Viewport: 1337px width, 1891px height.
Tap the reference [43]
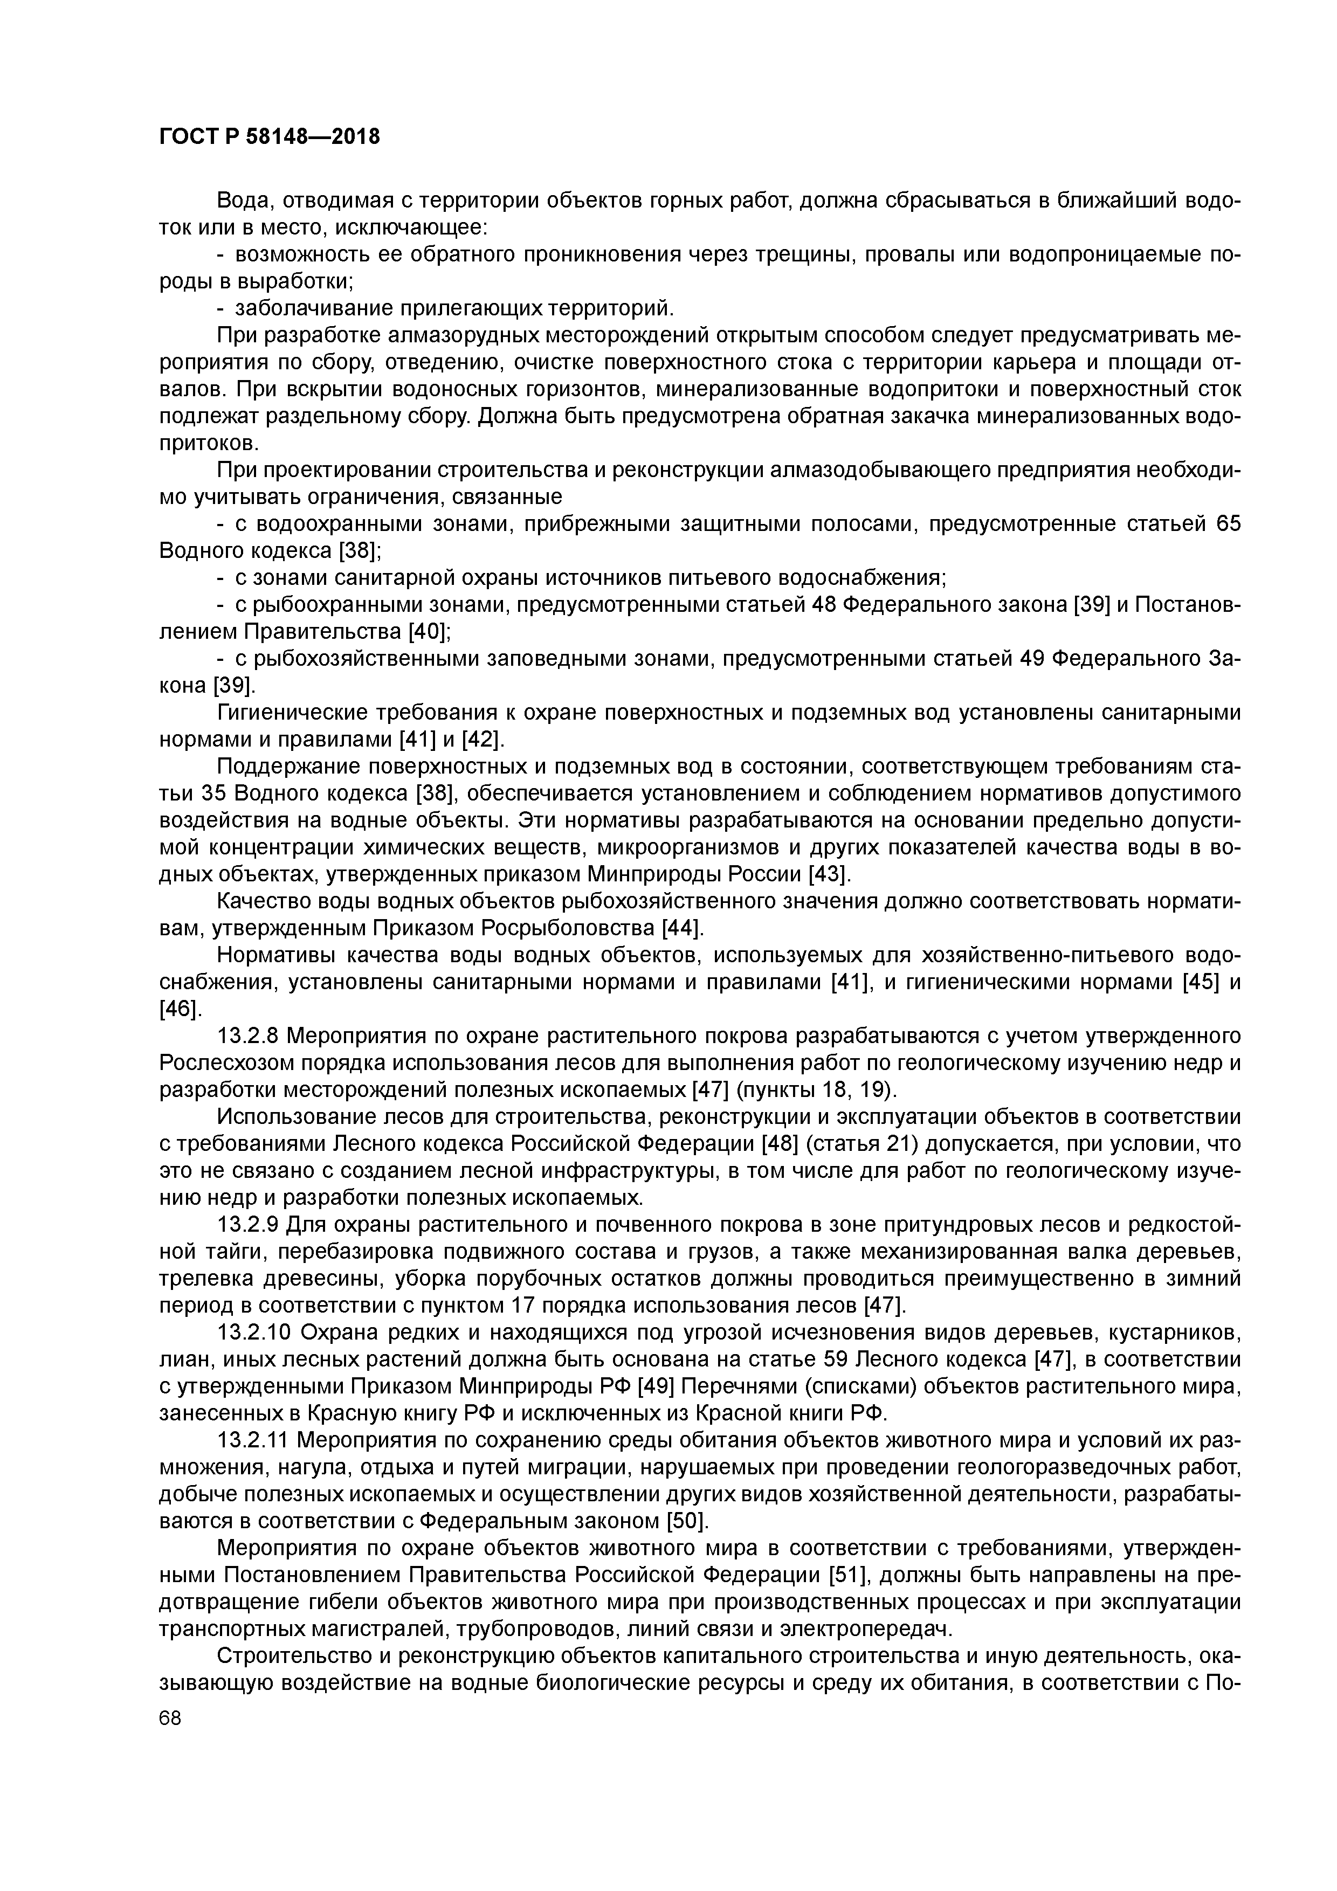[x=830, y=874]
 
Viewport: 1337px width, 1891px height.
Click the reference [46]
[x=179, y=1009]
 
